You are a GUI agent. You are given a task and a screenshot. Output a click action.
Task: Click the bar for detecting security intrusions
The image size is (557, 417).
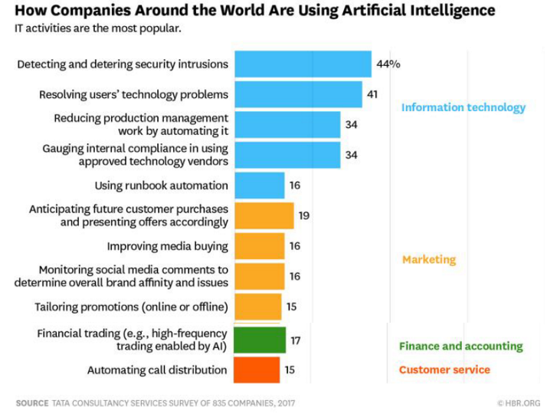pos(303,64)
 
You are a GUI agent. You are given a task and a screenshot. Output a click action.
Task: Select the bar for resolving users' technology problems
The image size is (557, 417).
pos(298,95)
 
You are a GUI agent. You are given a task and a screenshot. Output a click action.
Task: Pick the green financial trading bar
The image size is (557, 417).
pos(260,339)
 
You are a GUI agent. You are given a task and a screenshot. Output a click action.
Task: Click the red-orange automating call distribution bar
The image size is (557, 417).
pos(257,369)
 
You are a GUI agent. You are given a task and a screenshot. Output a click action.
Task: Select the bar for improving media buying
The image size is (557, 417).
pos(259,247)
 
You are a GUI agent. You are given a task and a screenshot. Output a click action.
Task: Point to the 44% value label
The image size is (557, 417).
pos(388,64)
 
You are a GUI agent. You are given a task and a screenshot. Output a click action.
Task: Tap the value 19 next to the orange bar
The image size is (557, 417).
pos(304,216)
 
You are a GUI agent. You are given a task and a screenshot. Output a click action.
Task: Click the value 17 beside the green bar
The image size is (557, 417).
pos(295,339)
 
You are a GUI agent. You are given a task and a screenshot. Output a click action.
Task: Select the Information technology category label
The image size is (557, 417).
pos(464,107)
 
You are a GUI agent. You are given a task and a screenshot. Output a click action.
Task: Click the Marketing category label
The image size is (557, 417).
pos(428,259)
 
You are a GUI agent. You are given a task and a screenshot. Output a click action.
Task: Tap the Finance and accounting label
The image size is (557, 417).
pos(460,346)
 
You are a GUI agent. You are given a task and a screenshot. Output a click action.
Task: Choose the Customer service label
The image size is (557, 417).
pos(444,369)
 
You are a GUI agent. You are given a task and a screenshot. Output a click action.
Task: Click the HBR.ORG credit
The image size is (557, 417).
pos(519,402)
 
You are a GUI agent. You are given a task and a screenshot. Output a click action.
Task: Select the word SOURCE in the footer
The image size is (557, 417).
pos(31,402)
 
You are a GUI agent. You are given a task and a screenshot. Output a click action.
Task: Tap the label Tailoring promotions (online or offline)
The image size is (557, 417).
pos(131,308)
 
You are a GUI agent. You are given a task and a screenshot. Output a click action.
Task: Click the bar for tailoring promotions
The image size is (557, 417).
pos(257,308)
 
